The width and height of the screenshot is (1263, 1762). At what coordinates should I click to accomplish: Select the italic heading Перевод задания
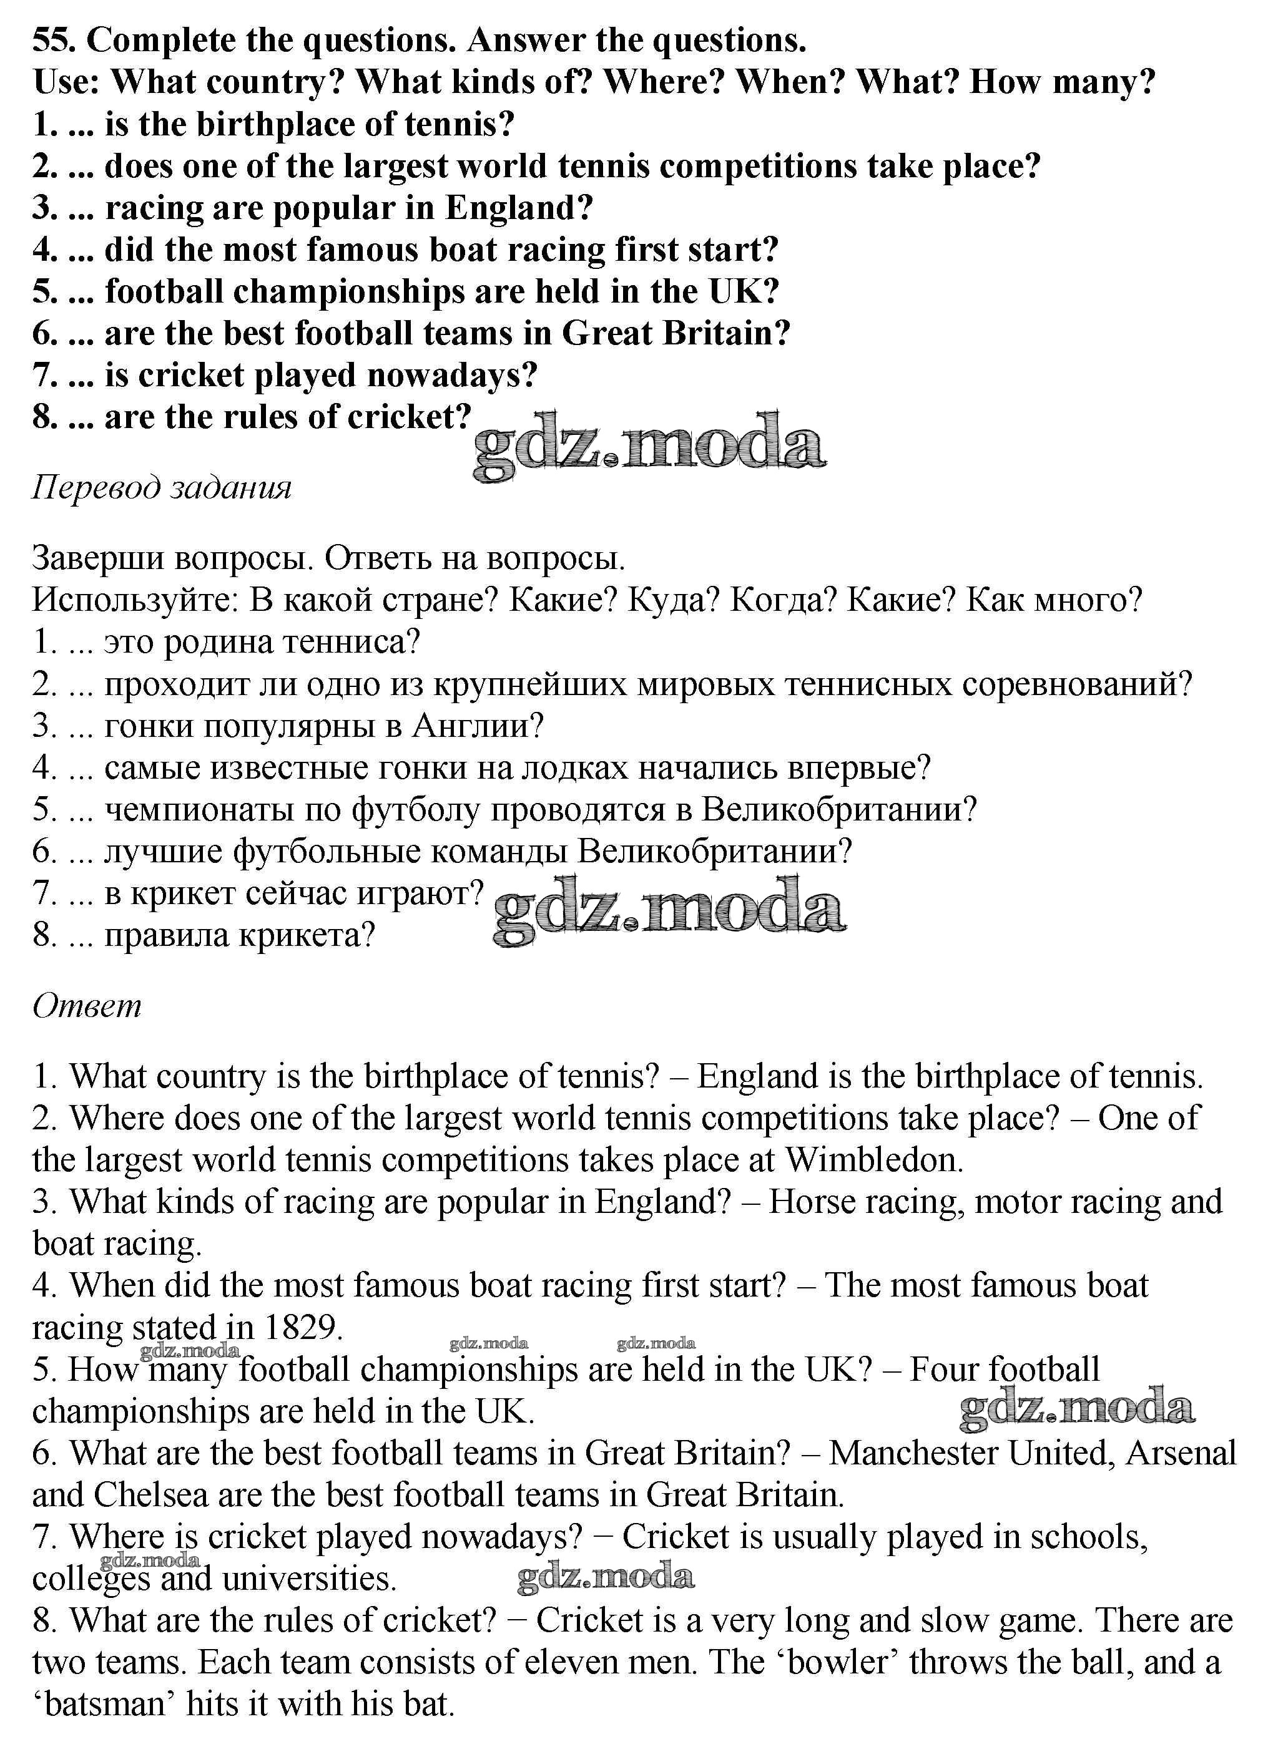162,488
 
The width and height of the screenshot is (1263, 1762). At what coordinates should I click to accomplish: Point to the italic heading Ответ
87,1006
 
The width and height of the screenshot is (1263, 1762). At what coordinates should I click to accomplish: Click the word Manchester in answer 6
913,1454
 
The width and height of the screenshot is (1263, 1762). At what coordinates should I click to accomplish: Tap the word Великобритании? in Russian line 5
838,809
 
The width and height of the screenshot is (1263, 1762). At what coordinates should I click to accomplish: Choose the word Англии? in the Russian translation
477,726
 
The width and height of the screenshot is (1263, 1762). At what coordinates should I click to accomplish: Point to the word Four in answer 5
940,1370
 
